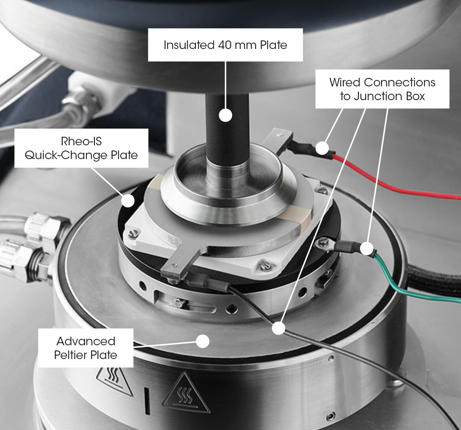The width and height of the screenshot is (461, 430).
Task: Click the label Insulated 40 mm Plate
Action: (x=225, y=45)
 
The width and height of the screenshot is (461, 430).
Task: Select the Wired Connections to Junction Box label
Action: (x=382, y=89)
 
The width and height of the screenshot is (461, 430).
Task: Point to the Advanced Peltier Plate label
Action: (x=86, y=347)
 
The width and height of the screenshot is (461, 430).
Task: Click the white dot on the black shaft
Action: (x=225, y=115)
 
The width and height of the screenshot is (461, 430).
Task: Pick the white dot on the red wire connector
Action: (x=323, y=149)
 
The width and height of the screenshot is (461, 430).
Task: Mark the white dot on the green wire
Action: (x=366, y=249)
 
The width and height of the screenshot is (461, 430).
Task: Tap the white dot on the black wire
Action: (x=278, y=329)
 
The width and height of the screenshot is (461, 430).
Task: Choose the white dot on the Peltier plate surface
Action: (x=202, y=341)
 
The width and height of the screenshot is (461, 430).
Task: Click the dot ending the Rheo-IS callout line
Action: (x=128, y=200)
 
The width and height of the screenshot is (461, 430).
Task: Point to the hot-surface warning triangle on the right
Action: (x=185, y=393)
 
